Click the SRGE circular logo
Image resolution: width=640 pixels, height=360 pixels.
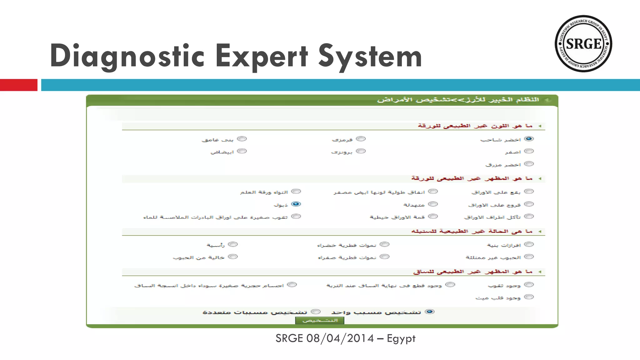point(583,44)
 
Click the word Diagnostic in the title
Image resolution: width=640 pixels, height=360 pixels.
point(127,56)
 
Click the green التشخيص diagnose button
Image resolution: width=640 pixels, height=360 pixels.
point(320,320)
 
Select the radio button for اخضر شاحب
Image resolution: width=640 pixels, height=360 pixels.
point(529,139)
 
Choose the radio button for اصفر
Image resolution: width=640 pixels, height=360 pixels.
point(529,151)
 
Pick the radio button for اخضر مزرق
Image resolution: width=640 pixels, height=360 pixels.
point(529,164)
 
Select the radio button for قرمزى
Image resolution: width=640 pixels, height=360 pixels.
point(361,139)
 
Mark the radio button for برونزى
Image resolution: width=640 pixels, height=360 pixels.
point(361,151)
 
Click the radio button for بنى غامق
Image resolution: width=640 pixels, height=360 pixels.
point(242,139)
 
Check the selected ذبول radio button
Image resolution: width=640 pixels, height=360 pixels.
point(296,204)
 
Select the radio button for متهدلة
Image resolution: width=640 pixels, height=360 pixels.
point(433,204)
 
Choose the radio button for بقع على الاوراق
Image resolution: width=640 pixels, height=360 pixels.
point(529,191)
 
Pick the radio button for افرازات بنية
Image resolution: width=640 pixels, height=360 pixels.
point(529,244)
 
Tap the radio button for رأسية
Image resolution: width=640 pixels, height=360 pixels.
point(233,244)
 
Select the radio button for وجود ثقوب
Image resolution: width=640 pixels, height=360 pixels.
point(529,285)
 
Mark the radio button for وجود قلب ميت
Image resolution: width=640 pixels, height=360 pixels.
point(529,297)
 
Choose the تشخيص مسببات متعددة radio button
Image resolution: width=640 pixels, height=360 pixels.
point(316,312)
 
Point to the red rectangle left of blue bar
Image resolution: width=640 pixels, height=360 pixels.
point(19,85)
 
